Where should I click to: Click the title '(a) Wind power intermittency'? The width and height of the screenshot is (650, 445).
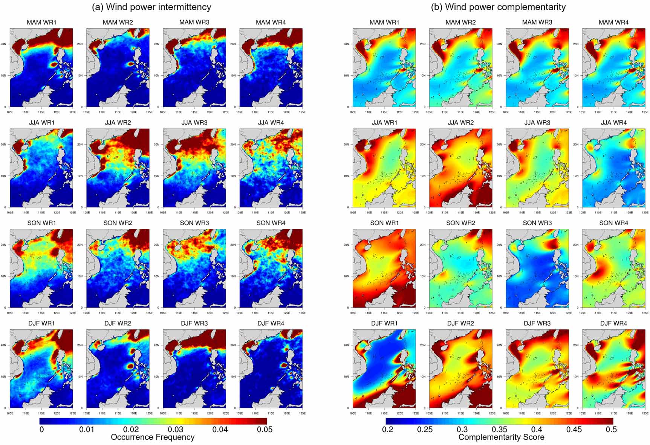[151, 7]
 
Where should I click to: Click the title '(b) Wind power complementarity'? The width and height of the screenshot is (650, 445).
[498, 7]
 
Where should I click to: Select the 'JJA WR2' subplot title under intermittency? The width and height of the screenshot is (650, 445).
[118, 123]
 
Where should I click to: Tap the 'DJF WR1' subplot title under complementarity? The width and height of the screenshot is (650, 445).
[384, 323]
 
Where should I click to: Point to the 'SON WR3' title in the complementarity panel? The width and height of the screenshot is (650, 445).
[537, 223]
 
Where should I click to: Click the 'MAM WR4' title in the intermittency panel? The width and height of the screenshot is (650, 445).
[271, 22]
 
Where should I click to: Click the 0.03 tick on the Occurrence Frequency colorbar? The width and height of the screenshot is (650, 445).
[176, 430]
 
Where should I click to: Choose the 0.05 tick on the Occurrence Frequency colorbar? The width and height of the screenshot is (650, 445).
[265, 430]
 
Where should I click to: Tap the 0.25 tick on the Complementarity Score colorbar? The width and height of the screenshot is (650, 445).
[425, 430]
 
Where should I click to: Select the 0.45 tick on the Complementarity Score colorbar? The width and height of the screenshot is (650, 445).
[574, 430]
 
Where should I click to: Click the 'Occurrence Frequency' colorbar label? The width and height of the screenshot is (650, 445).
[153, 437]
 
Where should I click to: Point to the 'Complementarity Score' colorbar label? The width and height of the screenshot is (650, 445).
[501, 437]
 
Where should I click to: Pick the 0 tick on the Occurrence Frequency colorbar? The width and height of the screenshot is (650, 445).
[41, 430]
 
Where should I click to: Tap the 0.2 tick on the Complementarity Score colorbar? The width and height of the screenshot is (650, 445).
[387, 430]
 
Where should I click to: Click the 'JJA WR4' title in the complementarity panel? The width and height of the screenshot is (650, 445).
[614, 123]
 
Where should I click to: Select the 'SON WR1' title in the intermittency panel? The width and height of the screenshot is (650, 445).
[41, 223]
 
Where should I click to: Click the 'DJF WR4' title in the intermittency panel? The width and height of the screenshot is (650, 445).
[271, 323]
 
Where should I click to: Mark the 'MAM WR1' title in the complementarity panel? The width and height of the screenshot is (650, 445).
[384, 22]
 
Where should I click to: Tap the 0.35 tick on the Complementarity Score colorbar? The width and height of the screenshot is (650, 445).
[499, 430]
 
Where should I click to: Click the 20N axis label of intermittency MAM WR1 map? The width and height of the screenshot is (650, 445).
[3, 44]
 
